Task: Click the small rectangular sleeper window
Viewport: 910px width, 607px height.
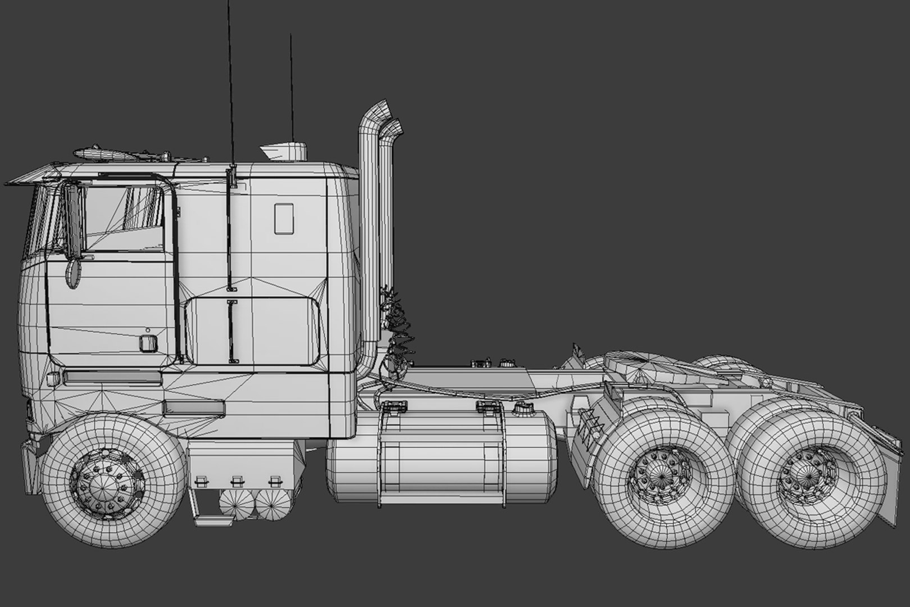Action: coord(284,219)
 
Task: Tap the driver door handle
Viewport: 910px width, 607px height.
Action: coord(148,343)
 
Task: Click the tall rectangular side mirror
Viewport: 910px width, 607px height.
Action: coord(71,221)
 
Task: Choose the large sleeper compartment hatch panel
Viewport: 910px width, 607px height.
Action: coord(253,330)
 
